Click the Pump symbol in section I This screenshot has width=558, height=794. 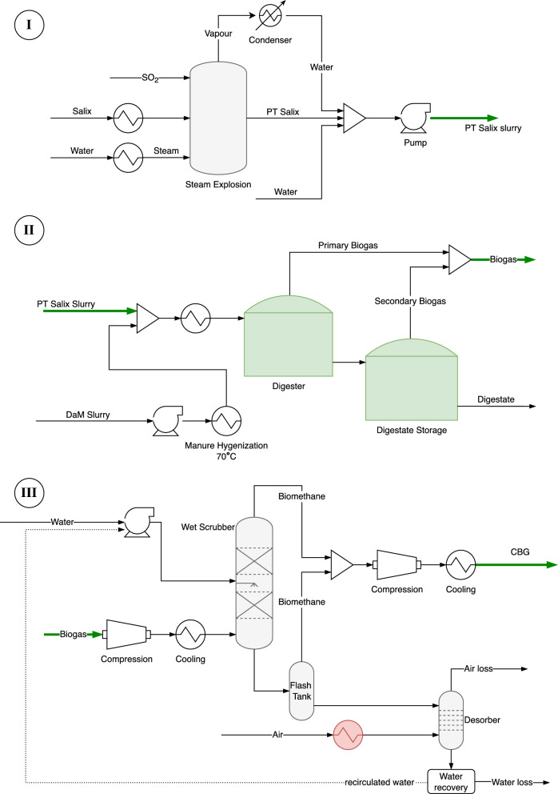pyautogui.click(x=413, y=119)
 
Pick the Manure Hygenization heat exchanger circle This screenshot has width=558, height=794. pyautogui.click(x=226, y=419)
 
